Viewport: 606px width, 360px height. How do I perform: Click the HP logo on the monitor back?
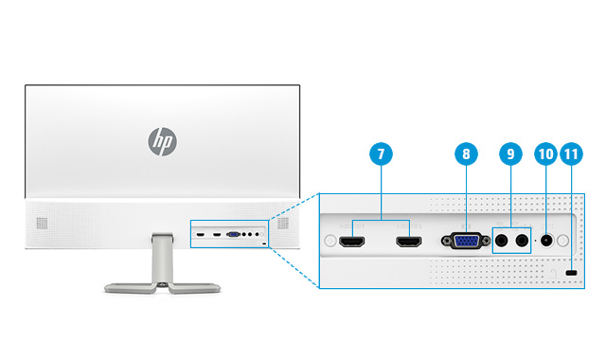coord(163,142)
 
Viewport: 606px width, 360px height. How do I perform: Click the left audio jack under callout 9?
coord(502,241)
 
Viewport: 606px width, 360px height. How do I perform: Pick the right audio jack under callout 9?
coord(521,241)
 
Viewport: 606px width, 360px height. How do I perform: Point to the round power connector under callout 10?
coord(545,241)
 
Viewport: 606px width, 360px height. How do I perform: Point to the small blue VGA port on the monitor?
coord(232,233)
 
